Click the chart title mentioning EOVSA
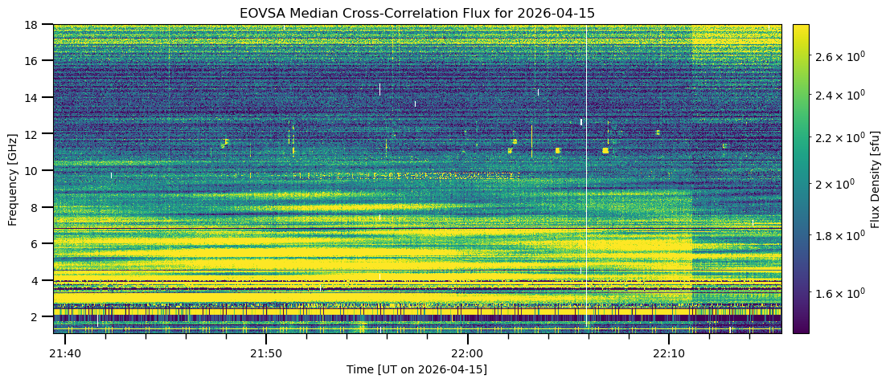tap(416, 13)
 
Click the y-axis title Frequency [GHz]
tap(13, 178)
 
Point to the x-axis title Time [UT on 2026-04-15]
tap(416, 369)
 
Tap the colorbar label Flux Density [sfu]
tap(876, 178)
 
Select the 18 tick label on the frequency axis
tap(35, 24)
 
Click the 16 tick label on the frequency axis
tap(35, 60)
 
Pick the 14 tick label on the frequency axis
tap(35, 97)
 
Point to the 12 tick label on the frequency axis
tap(35, 133)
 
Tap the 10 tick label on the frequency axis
tap(35, 170)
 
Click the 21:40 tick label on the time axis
tap(64, 353)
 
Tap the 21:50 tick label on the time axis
tap(265, 353)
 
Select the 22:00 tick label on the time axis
tap(466, 353)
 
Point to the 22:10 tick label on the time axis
tap(668, 353)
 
